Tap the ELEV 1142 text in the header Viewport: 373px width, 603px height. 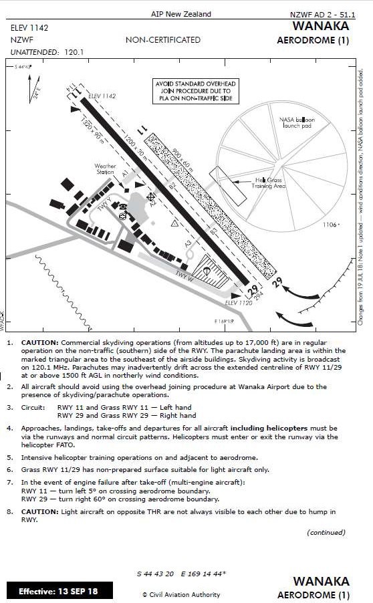click(x=29, y=28)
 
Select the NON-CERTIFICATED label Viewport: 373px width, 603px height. click(x=162, y=40)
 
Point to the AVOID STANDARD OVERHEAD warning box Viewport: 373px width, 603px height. click(x=193, y=90)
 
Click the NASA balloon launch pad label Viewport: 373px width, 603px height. click(x=296, y=122)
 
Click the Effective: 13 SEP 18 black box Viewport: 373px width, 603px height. click(x=59, y=591)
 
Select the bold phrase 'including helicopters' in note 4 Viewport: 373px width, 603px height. click(x=269, y=427)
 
